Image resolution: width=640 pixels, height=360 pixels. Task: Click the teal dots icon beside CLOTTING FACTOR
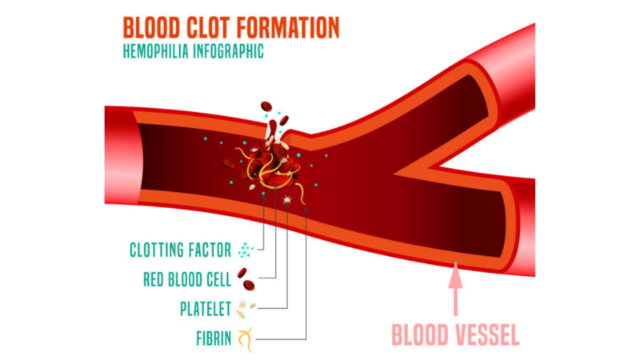[245, 250]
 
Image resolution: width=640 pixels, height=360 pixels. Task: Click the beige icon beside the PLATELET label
[246, 308]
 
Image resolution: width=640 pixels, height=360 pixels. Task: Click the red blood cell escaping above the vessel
[267, 106]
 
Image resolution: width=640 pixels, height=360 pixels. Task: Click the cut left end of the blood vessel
[120, 157]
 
